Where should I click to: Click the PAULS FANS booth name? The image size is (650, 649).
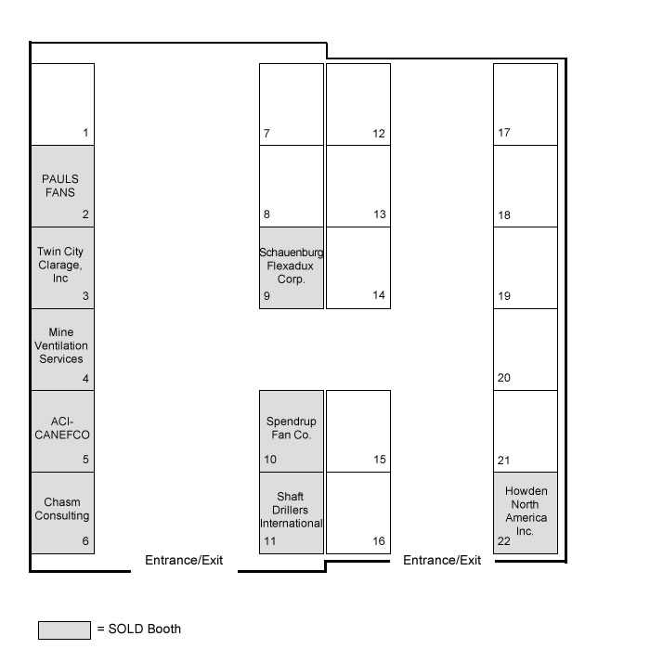tap(60, 186)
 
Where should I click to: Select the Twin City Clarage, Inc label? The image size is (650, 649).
tap(60, 265)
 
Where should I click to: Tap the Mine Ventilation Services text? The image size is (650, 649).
tap(61, 345)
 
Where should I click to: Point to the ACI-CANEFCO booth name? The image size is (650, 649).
tap(62, 428)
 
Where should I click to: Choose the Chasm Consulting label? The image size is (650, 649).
tap(62, 509)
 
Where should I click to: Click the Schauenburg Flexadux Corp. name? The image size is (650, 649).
tap(291, 266)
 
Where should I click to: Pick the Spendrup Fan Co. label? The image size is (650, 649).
tap(291, 428)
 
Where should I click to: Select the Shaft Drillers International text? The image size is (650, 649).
tap(291, 510)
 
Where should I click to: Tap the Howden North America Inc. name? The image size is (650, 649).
tap(526, 511)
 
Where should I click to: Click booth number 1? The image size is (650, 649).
tap(85, 133)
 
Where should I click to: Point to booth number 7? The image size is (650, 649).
tap(266, 134)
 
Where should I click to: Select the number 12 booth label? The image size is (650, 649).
tap(379, 134)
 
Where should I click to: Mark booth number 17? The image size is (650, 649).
tap(504, 133)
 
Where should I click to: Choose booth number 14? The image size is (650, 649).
tap(379, 295)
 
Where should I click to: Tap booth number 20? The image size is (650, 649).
tap(504, 378)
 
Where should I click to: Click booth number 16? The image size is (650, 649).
tap(379, 540)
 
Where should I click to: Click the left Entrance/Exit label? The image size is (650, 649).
tap(184, 560)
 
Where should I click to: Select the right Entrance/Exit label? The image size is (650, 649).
tap(442, 560)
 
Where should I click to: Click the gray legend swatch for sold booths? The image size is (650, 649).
tap(64, 630)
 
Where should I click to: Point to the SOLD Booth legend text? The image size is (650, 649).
tap(144, 629)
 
